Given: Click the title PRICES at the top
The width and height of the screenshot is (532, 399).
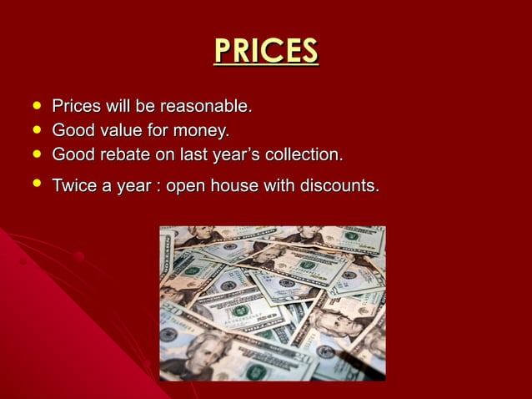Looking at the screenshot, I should pos(266,52).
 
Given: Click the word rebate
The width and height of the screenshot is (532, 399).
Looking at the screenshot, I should pos(122,155).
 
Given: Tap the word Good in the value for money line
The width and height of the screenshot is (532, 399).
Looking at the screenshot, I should pos(72,131).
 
